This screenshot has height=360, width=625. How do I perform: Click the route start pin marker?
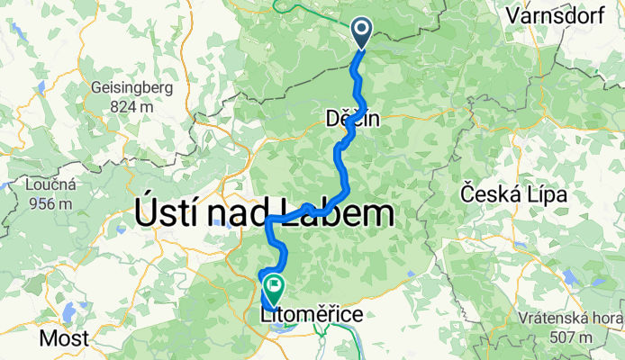361,32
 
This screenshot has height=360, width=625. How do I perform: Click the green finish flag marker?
273,288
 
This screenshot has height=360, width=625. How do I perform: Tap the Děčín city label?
353,118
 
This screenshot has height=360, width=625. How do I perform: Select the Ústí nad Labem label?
265,214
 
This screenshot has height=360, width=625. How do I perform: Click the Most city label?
66,338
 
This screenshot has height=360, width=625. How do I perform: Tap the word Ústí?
169,214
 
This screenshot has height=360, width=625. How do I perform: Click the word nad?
242,214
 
